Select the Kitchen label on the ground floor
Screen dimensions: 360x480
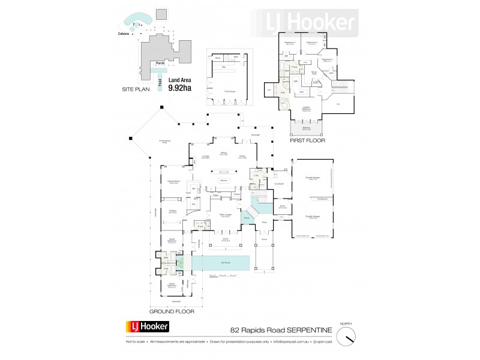[x=223, y=181]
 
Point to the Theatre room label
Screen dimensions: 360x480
[x=171, y=212]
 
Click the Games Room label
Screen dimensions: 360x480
[x=175, y=182]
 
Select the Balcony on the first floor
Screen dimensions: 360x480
[x=306, y=128]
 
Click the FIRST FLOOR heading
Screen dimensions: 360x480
[x=307, y=142]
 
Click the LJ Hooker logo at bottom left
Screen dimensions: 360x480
[x=148, y=327]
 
